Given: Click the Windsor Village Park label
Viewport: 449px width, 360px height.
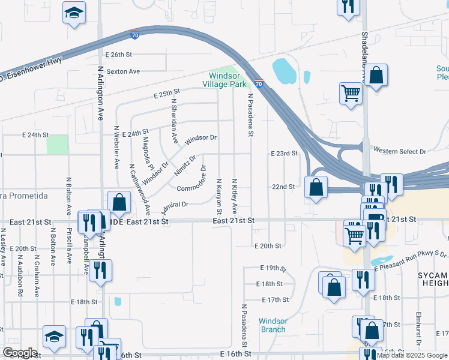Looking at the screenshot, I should pyautogui.click(x=224, y=80).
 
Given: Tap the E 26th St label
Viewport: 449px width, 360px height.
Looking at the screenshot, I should pyautogui.click(x=118, y=55).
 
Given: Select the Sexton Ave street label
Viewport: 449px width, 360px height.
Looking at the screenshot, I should pyautogui.click(x=123, y=71).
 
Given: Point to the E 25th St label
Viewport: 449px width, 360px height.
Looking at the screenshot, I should pyautogui.click(x=167, y=94).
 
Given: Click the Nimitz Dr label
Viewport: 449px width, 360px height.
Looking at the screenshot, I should pyautogui.click(x=185, y=167).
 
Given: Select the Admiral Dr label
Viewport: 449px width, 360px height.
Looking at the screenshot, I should pyautogui.click(x=175, y=205).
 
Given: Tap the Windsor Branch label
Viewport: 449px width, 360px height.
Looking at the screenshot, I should pyautogui.click(x=273, y=325).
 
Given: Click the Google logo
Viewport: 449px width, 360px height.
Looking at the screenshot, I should pyautogui.click(x=20, y=353).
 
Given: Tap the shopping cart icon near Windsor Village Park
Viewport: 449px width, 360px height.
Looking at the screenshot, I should pyautogui.click(x=351, y=93).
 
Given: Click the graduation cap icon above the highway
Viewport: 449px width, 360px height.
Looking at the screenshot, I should pyautogui.click(x=74, y=13).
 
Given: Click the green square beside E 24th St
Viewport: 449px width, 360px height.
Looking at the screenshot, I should pyautogui.click(x=57, y=145).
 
